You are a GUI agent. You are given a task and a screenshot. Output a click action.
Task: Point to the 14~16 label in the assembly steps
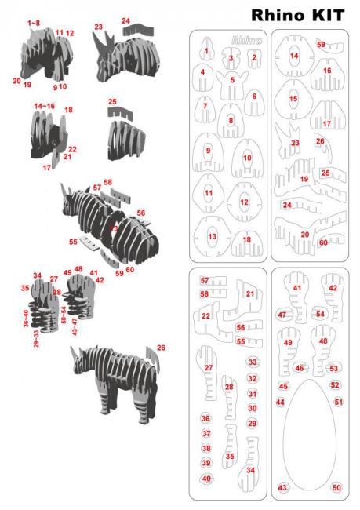[x=44, y=105]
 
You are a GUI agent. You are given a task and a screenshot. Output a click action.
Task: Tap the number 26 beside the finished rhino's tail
[x=161, y=347]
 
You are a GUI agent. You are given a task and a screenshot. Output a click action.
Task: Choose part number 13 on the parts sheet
[x=211, y=235]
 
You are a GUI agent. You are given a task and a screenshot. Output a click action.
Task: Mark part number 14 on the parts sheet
[x=294, y=56]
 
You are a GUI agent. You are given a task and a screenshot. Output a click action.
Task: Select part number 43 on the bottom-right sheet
[x=283, y=487]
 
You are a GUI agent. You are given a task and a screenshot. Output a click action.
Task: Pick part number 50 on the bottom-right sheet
[x=336, y=487]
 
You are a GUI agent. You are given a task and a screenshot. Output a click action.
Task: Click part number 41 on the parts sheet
[x=296, y=290]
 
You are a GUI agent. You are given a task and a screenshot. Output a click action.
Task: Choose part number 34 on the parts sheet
[x=250, y=469]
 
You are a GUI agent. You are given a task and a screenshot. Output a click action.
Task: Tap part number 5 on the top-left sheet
[x=232, y=80]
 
